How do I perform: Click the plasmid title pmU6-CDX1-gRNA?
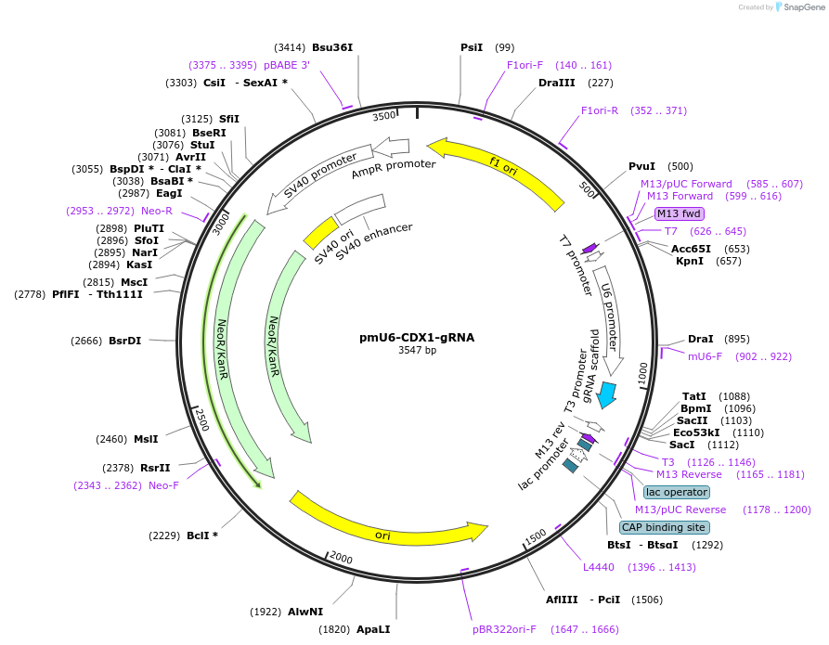[x=417, y=338]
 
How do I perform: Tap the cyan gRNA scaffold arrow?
[x=607, y=393]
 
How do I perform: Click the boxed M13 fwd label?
[x=680, y=213]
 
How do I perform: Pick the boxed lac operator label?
[x=677, y=492]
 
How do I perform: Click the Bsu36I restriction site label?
[x=332, y=47]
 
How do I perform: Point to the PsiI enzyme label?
[x=472, y=47]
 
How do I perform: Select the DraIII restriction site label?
[x=557, y=83]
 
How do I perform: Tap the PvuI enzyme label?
[x=641, y=166]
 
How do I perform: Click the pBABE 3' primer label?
[x=287, y=65]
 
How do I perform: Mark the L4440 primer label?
[x=599, y=566]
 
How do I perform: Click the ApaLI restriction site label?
[x=373, y=629]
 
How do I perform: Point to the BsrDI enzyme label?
[x=124, y=341]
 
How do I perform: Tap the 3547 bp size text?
[x=417, y=351]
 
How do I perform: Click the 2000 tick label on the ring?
[x=341, y=557]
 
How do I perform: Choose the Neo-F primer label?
[x=163, y=484]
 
